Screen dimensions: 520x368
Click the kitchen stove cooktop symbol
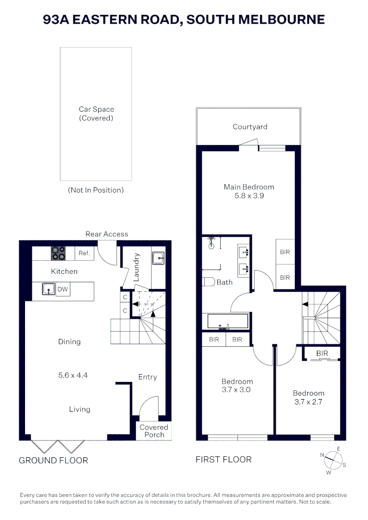point(58,253)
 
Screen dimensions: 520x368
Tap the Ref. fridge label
point(84,253)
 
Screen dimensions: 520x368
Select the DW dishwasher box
point(63,289)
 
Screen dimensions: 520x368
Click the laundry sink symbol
point(158,258)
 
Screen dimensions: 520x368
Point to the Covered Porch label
point(154,431)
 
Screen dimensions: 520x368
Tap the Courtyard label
point(250,127)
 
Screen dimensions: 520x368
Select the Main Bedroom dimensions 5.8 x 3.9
point(249,196)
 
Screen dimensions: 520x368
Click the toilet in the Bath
point(208,282)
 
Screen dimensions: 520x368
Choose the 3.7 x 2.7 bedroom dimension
point(308,402)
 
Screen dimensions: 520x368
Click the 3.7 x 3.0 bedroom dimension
point(236,390)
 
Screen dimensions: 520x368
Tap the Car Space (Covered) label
point(96,114)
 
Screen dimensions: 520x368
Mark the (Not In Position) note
point(96,190)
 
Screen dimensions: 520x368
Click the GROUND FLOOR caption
point(53,460)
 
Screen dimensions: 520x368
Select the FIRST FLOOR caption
point(223,459)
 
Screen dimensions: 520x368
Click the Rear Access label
point(106,234)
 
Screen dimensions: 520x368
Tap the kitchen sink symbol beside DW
point(47,289)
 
